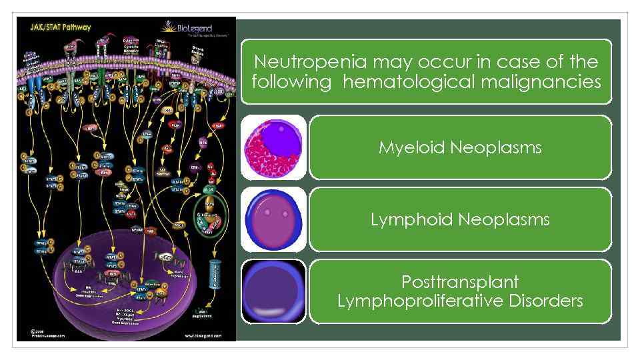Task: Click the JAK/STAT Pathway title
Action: point(59,27)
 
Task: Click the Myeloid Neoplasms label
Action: point(460,147)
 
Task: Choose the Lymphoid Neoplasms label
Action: point(460,219)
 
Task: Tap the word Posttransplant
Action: point(460,281)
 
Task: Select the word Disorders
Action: point(547,301)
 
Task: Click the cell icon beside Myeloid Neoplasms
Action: point(273,147)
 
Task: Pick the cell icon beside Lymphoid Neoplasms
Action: point(273,219)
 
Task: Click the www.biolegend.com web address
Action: point(206,336)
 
